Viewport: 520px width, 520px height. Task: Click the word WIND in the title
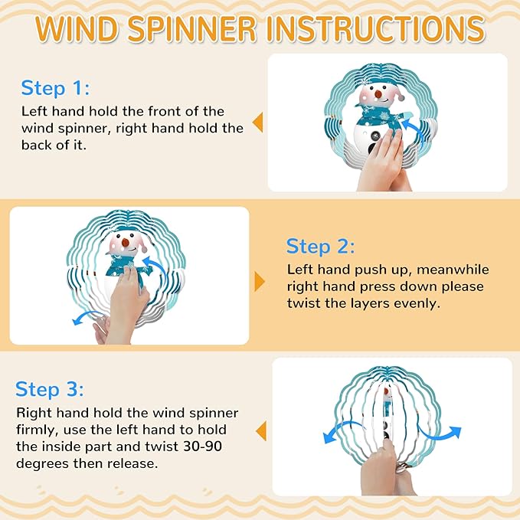click(x=77, y=28)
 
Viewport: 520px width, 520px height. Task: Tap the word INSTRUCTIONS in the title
click(x=376, y=28)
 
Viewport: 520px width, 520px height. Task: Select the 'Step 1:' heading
click(x=55, y=88)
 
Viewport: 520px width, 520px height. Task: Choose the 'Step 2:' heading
click(x=320, y=247)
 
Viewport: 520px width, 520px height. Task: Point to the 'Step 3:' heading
click(x=50, y=389)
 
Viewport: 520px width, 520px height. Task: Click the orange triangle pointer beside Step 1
click(x=257, y=123)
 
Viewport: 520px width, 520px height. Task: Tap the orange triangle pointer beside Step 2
click(x=260, y=282)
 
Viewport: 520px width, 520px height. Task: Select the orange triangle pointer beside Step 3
click(x=261, y=431)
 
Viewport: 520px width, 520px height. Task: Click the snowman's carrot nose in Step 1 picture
click(x=378, y=94)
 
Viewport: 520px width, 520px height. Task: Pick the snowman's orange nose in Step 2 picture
click(x=126, y=243)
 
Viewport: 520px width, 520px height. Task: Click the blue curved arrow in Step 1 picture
click(x=412, y=130)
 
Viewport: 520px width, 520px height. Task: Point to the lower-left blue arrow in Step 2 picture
click(x=87, y=318)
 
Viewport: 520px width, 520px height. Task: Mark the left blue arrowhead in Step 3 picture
click(x=329, y=438)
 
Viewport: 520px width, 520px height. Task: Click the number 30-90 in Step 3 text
click(x=203, y=446)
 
